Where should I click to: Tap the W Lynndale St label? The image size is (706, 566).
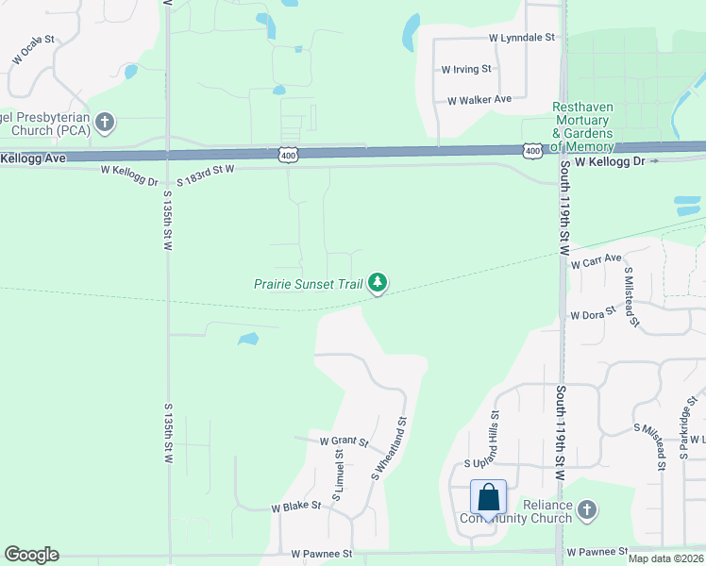522,38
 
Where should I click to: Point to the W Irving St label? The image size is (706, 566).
466,69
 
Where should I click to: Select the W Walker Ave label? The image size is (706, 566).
479,99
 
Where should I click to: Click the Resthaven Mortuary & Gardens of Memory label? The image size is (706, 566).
583,127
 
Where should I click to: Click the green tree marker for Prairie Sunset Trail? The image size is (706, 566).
378,282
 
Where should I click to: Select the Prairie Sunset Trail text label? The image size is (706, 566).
309,284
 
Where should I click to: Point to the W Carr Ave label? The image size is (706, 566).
597,259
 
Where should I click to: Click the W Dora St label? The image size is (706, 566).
593,312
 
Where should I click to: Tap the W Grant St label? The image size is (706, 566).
342,441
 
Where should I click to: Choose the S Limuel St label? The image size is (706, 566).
337,474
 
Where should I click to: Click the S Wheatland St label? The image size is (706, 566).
388,449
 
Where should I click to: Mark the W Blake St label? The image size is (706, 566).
296,506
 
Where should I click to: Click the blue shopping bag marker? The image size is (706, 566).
489,497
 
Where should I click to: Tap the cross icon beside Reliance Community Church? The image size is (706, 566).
587,510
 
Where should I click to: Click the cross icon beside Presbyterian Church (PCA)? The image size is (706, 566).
104,122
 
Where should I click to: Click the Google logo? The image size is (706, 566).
31,555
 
